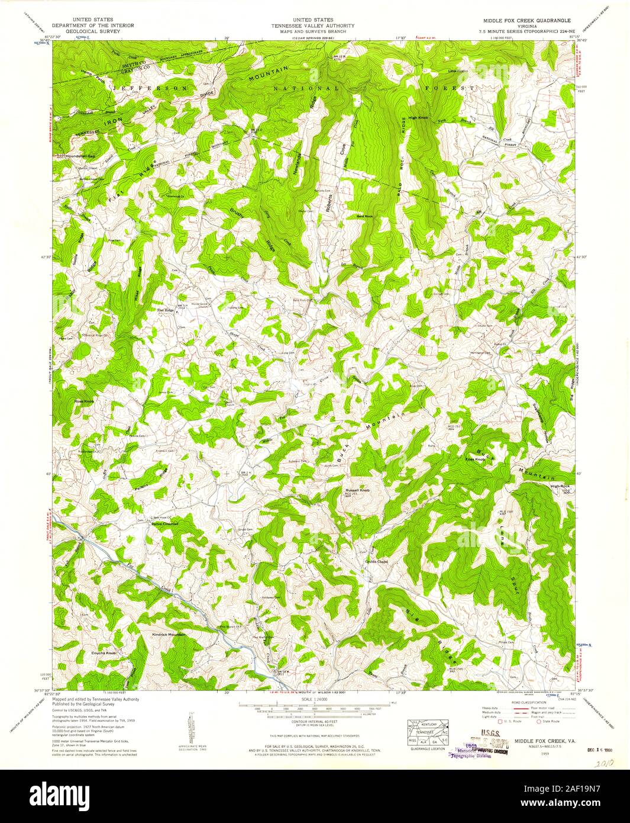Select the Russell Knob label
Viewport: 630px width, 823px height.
click(x=357, y=491)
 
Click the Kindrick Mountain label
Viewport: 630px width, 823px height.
click(x=169, y=635)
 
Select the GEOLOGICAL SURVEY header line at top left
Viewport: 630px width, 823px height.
click(x=93, y=31)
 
